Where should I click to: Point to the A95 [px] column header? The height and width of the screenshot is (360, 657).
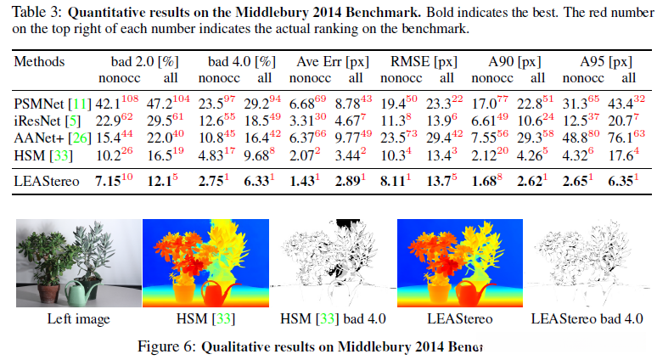click(x=605, y=63)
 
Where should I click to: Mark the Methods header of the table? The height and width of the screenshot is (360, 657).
click(x=39, y=63)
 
